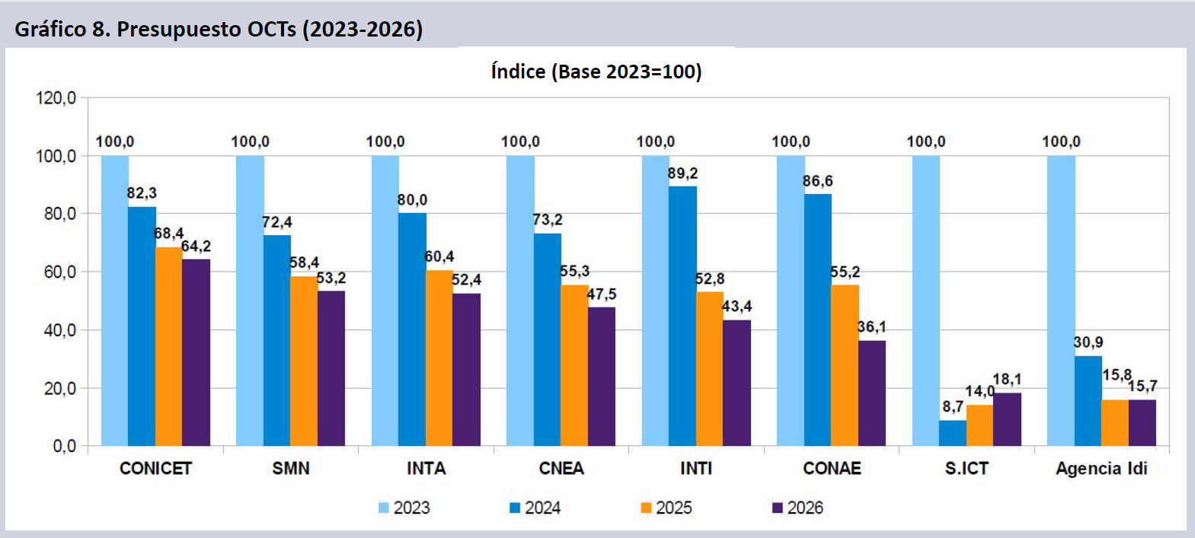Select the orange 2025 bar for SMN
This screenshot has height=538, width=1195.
pos(304,361)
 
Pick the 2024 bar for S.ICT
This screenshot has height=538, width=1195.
pos(953,433)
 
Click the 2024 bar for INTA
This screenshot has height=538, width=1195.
pos(412,329)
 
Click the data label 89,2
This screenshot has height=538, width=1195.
pos(682,173)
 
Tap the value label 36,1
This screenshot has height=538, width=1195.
pos(872,327)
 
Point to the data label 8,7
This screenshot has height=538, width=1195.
pos(953,407)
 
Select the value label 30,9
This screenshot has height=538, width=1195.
pos(1088,342)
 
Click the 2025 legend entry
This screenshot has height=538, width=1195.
pos(666,508)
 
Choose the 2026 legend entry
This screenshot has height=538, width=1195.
pos(797,508)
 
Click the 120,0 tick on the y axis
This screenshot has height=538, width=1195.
pos(56,97)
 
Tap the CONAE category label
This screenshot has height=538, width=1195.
pos(832,468)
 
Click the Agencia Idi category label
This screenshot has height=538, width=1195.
pos(1101,468)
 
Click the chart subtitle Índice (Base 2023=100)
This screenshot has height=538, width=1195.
pos(596,72)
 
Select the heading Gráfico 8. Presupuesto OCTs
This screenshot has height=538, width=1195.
pos(219,29)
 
